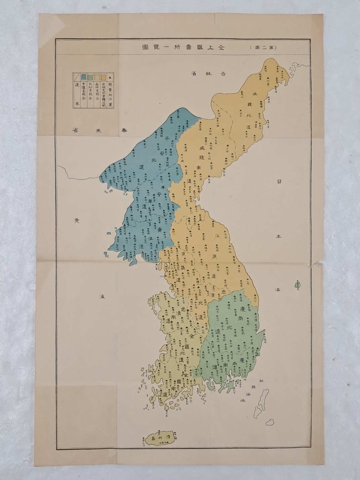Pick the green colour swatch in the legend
point(89,77)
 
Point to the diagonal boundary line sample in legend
point(76,77)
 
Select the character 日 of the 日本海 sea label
point(279,182)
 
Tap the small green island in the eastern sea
point(297,285)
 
